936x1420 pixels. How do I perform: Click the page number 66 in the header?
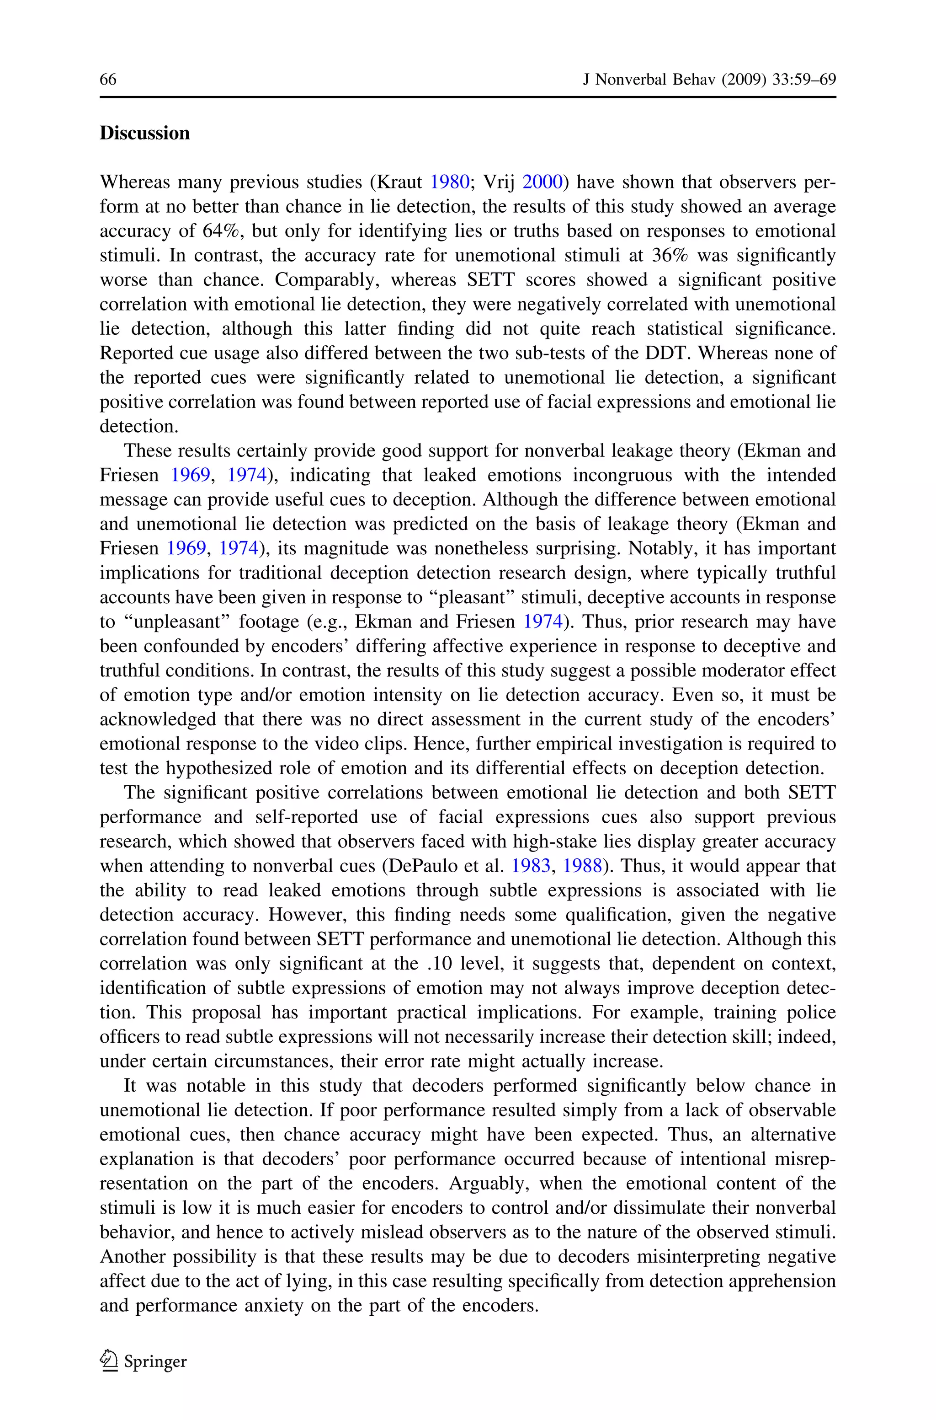[x=108, y=80]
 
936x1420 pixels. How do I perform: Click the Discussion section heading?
[x=144, y=133]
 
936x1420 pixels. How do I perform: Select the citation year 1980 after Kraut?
[x=450, y=182]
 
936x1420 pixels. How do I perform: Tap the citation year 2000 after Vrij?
[x=542, y=182]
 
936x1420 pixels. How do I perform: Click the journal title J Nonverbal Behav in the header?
[x=649, y=80]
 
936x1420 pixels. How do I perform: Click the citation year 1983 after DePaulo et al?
[x=531, y=865]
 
